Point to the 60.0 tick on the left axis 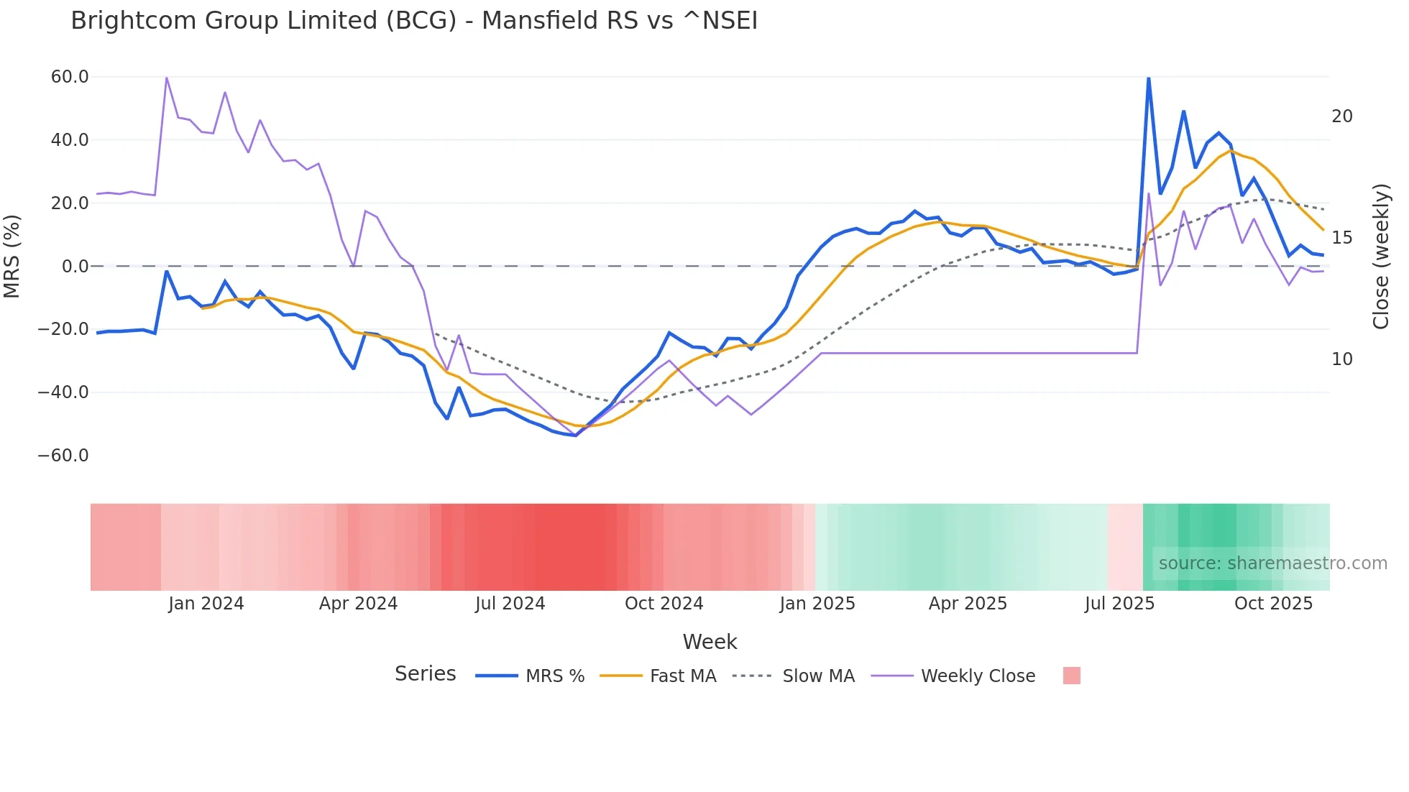pos(70,77)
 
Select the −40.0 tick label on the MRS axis pos(63,392)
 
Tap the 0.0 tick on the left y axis pos(75,267)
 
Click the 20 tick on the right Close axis pos(1341,116)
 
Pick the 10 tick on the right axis pos(1341,359)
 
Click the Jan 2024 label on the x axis pos(206,604)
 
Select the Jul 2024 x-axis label pos(510,604)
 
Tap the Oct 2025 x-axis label pos(1273,604)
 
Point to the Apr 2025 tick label pos(968,604)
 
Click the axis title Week pos(710,642)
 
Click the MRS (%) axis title pos(12,256)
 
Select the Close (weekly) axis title pos(1381,257)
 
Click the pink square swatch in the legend pos(1071,676)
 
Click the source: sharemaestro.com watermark pos(1272,563)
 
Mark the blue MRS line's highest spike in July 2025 pos(1148,78)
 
